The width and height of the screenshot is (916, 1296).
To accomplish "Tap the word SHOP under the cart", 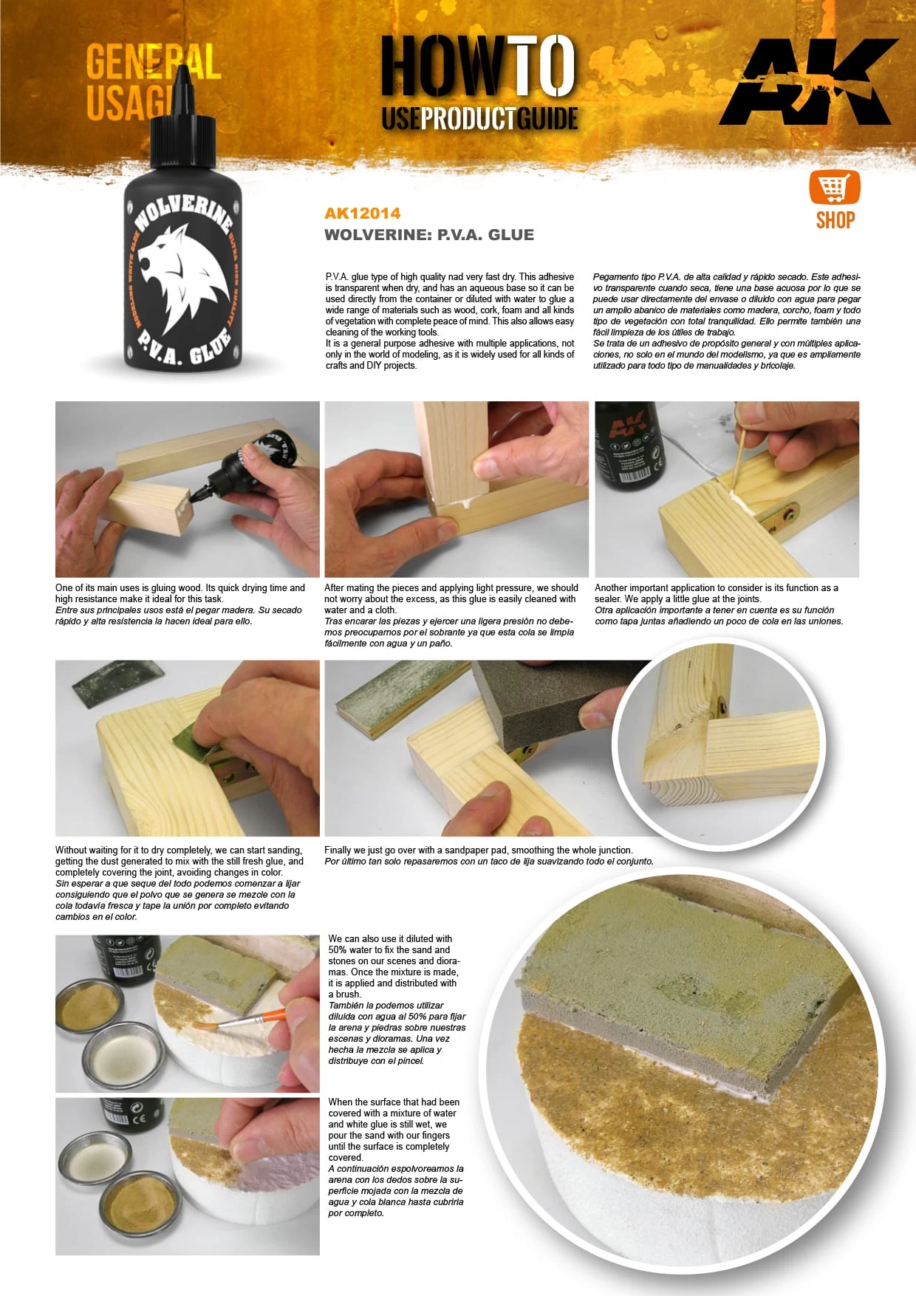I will coord(835,220).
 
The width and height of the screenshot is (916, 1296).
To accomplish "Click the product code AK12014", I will coord(362,214).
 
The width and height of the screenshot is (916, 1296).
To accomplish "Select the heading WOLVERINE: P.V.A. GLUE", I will coord(428,235).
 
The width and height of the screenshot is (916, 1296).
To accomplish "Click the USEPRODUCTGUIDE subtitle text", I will coord(479,118).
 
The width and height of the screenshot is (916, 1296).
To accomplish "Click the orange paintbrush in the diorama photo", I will coord(244,1021).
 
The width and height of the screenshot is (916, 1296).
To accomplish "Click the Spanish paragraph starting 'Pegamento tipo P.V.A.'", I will coord(726,321).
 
